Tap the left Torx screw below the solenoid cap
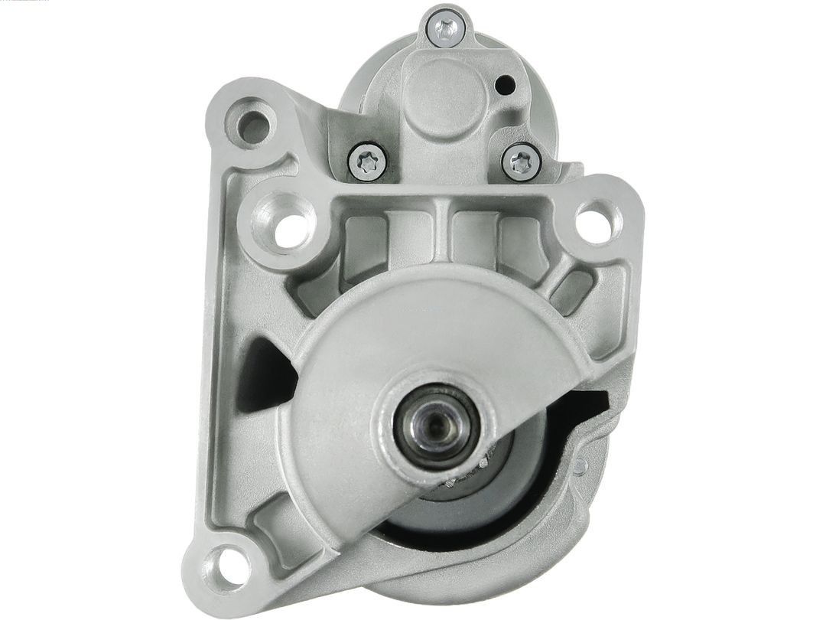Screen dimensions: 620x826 (367, 161)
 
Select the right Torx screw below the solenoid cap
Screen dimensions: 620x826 (522, 162)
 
